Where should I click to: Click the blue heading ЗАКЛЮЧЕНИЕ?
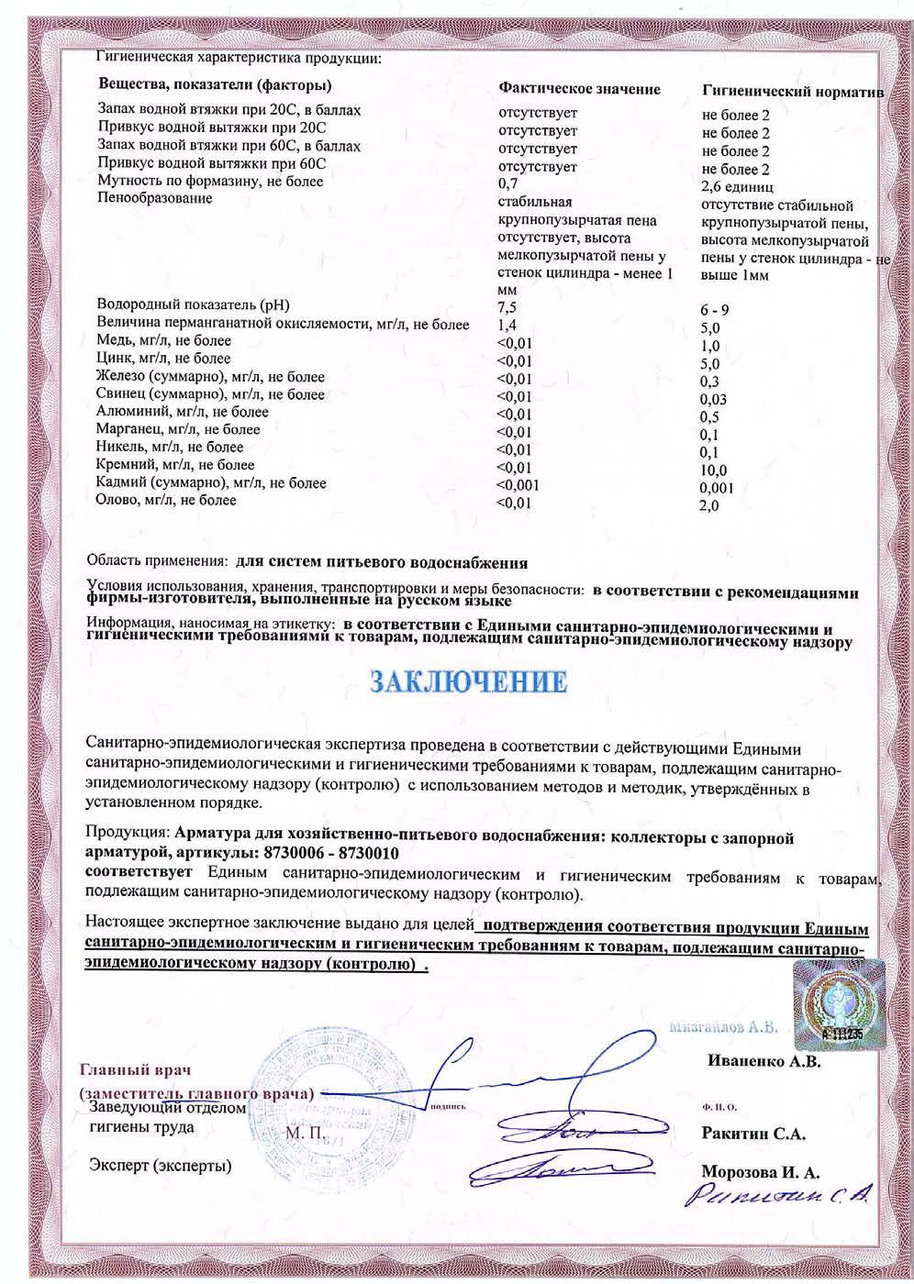(468, 682)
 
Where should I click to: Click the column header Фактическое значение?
(579, 89)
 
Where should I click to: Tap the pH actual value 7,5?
(507, 307)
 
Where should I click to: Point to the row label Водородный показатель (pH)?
(199, 304)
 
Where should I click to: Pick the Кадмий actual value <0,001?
(518, 484)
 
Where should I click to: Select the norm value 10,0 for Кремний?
(712, 470)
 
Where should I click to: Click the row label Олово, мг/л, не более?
(166, 500)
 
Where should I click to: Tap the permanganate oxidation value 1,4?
(506, 325)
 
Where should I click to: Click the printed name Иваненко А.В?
(764, 1061)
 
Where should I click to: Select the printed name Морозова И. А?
(760, 1171)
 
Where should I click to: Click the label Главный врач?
(137, 1070)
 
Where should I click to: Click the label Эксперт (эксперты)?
(160, 1166)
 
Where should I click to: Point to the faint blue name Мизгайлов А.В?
(724, 1027)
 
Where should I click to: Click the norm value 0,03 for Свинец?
(713, 400)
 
